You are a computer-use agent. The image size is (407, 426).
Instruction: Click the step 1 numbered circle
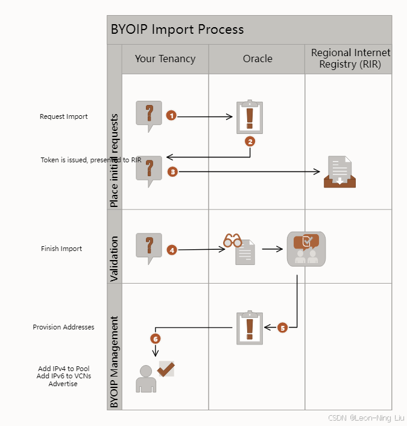point(171,115)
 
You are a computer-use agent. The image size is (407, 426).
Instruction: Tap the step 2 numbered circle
point(250,141)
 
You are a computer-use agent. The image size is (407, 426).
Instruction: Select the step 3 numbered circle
point(172,172)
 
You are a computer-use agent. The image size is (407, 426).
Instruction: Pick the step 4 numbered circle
point(172,249)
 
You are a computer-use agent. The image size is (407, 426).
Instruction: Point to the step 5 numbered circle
point(283,328)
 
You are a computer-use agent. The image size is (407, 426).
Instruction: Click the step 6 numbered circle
point(156,339)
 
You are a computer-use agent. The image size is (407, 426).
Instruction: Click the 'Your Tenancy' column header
point(165,59)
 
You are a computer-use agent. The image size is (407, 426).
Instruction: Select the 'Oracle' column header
point(257,59)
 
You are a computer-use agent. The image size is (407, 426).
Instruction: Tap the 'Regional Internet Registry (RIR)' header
point(350,59)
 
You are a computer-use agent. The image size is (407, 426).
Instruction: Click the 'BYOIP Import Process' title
point(177,29)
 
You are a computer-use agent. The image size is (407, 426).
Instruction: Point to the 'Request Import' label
point(64,116)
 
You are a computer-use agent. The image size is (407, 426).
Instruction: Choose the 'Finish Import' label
point(62,249)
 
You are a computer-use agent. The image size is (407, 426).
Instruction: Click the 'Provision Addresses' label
point(64,327)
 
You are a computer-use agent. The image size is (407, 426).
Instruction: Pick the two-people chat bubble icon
point(306,249)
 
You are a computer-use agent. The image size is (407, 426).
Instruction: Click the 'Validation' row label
point(115,259)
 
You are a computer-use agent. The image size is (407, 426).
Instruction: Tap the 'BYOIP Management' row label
point(115,361)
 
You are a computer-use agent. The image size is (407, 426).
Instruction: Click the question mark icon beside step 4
point(149,248)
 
